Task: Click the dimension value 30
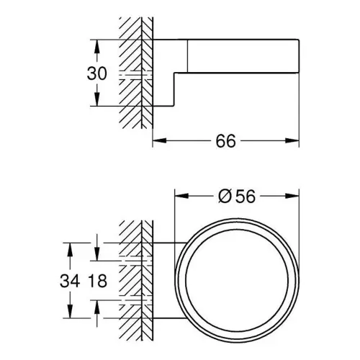click(96, 73)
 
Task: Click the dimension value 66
click(225, 141)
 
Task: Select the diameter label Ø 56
click(237, 197)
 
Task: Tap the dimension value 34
click(70, 281)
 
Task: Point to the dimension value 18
click(98, 281)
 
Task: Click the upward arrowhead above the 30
click(96, 46)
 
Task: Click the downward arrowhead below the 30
click(96, 99)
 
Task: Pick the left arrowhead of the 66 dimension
click(160, 140)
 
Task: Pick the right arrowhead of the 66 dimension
click(292, 140)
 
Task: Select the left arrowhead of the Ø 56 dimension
click(181, 196)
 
